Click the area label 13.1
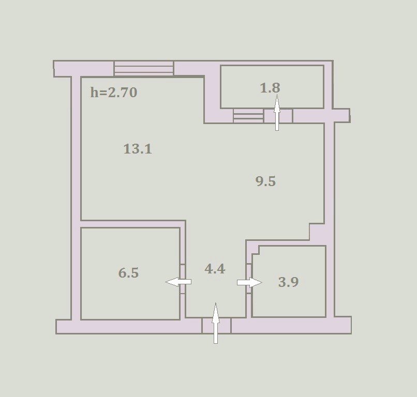[138, 149]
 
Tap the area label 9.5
[265, 181]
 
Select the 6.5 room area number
[128, 273]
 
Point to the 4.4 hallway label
[215, 269]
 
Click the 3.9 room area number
[289, 282]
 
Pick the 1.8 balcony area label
[270, 88]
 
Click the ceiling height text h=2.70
[114, 93]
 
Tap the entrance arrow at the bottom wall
[216, 323]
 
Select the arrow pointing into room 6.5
[178, 282]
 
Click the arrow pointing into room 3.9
[250, 282]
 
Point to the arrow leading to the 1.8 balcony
[277, 112]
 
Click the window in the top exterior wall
[144, 69]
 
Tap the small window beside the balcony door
[248, 116]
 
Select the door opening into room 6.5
[183, 279]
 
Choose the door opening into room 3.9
[249, 278]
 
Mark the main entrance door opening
[216, 326]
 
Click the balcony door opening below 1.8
[278, 116]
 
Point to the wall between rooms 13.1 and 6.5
[133, 224]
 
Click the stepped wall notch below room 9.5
[317, 232]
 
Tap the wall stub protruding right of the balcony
[341, 116]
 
